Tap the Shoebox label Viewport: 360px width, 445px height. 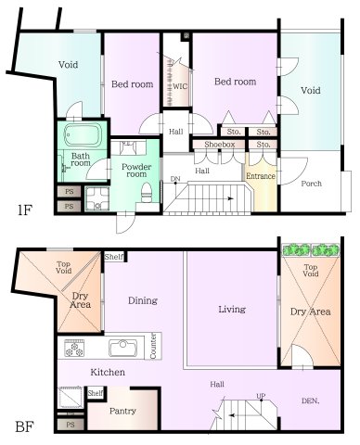pyautogui.click(x=212, y=145)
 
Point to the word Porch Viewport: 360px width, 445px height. pyautogui.click(x=312, y=184)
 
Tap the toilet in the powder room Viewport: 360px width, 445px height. pyautogui.click(x=146, y=191)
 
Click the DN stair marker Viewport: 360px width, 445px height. pyautogui.click(x=175, y=178)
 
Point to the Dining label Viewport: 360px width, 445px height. pyautogui.click(x=142, y=300)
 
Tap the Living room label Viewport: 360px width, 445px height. pyautogui.click(x=231, y=309)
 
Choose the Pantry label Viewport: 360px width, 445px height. pyautogui.click(x=123, y=410)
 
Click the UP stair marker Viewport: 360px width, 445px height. pyautogui.click(x=261, y=396)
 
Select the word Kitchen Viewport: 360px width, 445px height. pyautogui.click(x=108, y=372)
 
